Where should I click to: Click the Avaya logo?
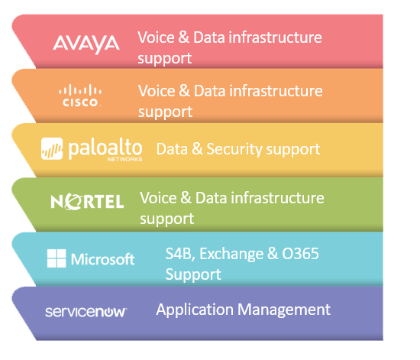pyautogui.click(x=86, y=44)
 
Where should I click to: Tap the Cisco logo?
pyautogui.click(x=80, y=96)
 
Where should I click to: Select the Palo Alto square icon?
pyautogui.click(x=52, y=148)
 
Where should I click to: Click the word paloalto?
pyautogui.click(x=105, y=148)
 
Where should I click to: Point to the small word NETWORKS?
pyautogui.click(x=124, y=159)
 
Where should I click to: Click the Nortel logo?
pyautogui.click(x=87, y=202)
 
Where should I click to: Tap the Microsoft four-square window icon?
pyautogui.click(x=57, y=258)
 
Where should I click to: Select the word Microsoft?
pyautogui.click(x=102, y=259)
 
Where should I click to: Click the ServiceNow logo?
pyautogui.click(x=86, y=312)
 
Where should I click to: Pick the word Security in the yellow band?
pyautogui.click(x=235, y=149)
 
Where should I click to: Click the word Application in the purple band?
pyautogui.click(x=195, y=310)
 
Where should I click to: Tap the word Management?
pyautogui.click(x=284, y=310)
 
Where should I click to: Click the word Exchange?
pyautogui.click(x=231, y=254)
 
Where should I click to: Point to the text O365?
pyautogui.click(x=301, y=253)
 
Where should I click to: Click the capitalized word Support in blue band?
pyautogui.click(x=193, y=274)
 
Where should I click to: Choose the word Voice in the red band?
pyautogui.click(x=156, y=37)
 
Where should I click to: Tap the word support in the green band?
pyautogui.click(x=167, y=219)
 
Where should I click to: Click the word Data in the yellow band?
pyautogui.click(x=172, y=149)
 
